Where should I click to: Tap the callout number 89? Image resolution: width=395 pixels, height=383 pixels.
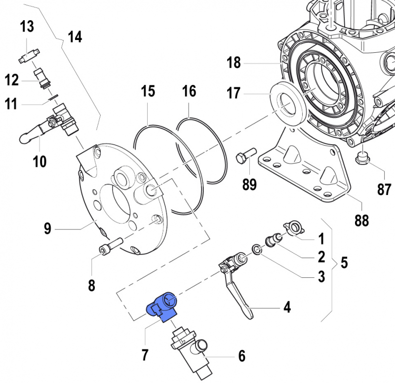point(249,184)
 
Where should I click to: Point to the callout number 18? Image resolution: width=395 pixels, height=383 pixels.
point(234,63)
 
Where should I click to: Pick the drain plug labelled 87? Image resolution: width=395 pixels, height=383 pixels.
point(363,157)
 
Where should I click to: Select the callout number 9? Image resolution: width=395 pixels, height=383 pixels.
point(47,229)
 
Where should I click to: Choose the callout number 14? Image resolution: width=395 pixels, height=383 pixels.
point(75,37)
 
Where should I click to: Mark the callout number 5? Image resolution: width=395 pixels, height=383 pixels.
point(344,262)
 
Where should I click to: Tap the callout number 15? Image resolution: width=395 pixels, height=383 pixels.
point(148,91)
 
